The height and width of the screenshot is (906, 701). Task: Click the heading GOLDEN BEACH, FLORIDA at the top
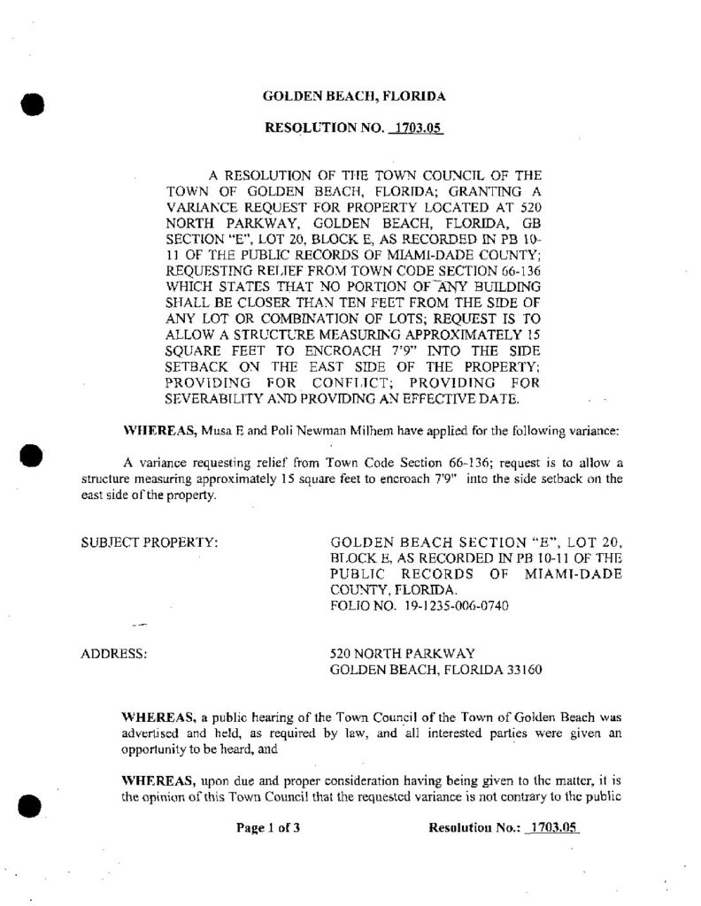coord(354,95)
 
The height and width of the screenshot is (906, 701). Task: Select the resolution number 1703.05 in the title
coord(415,128)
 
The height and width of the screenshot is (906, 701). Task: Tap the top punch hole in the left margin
coord(32,104)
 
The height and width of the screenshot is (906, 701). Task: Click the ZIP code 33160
coord(512,669)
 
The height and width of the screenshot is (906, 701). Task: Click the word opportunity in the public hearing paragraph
coord(154,748)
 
